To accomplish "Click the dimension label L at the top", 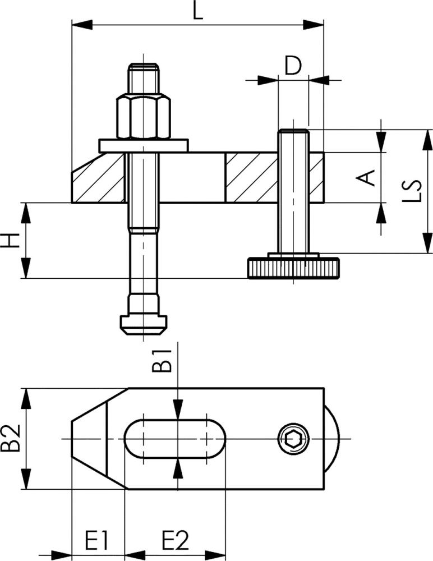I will pos(197,11).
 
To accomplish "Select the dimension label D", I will pos(292,65).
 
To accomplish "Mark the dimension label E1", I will pos(96,540).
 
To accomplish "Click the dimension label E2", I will pos(175,540).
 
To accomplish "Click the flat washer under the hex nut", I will pos(143,145).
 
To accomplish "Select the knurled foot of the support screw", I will pos(292,269).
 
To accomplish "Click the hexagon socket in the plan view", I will pos(292,438).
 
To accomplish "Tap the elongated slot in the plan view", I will pos(174,438).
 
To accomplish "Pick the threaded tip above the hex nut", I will pos(144,79).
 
